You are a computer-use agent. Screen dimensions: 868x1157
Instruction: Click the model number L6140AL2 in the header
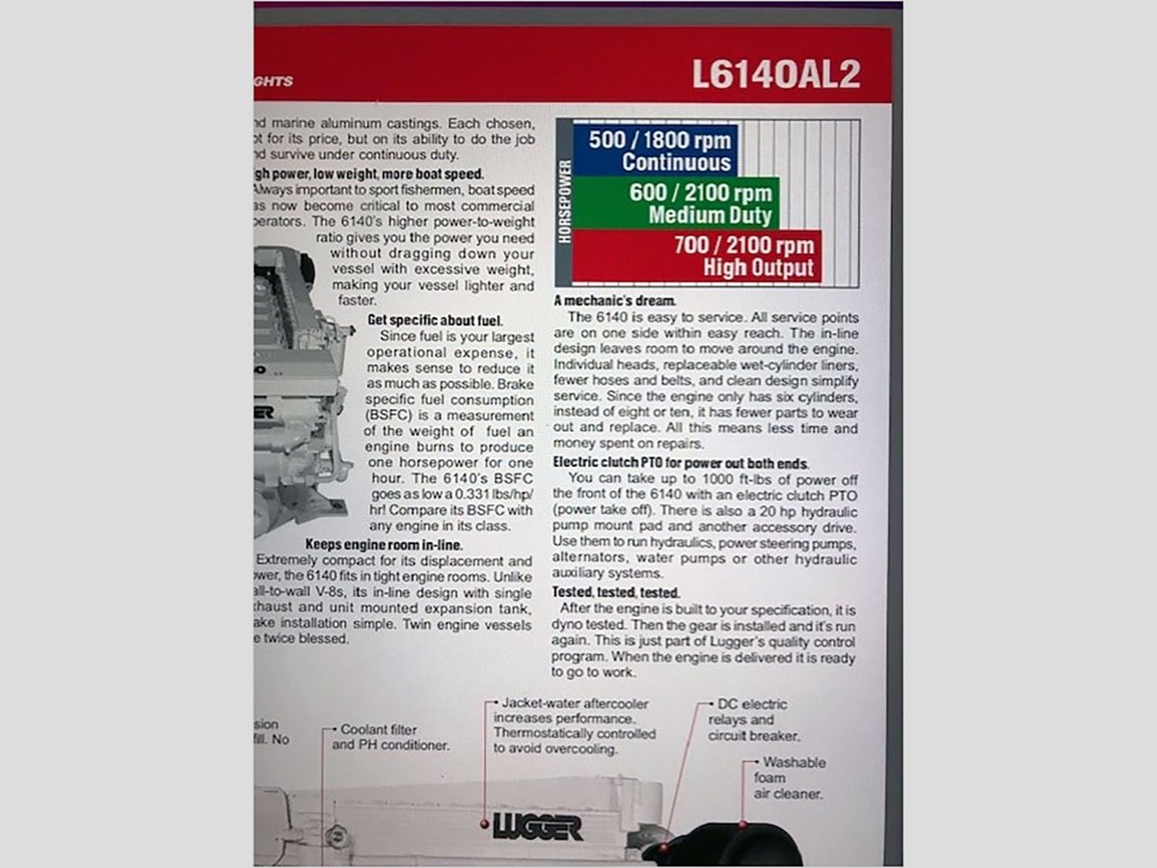click(775, 75)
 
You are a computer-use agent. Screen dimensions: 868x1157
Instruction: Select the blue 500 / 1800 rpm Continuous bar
click(656, 150)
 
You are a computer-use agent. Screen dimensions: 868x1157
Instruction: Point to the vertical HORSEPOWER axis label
click(565, 203)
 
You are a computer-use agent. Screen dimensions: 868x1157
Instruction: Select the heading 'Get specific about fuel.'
click(435, 320)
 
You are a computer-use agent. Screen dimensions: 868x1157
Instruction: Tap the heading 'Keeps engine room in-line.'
click(384, 544)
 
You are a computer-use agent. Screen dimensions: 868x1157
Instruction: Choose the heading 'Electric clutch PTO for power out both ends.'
click(680, 463)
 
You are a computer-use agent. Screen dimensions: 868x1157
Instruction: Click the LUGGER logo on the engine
click(537, 827)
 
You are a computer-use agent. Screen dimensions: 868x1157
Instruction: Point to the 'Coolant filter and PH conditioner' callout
click(390, 738)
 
